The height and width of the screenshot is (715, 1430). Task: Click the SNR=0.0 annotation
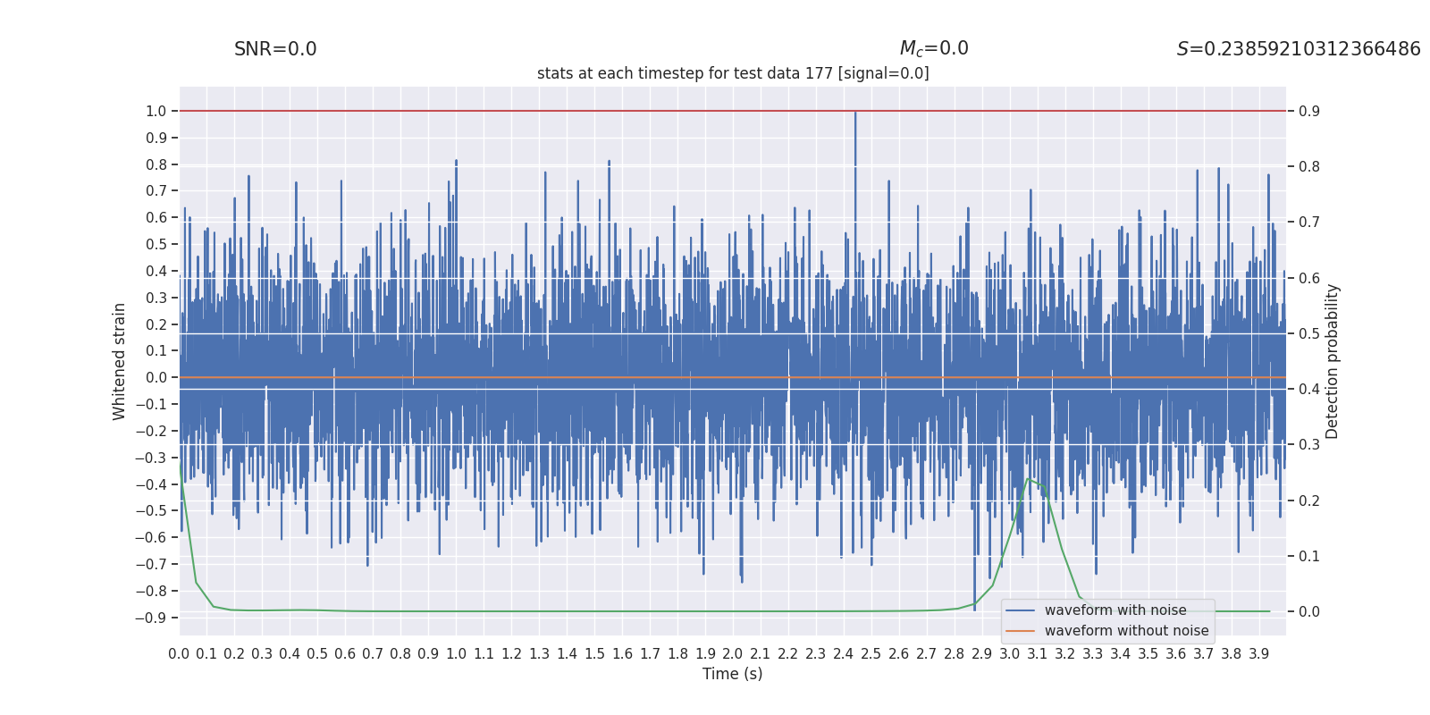(275, 50)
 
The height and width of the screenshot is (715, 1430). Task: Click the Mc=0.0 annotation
(933, 49)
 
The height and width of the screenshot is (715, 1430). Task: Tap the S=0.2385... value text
(1298, 50)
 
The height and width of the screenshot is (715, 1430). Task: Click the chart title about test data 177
(733, 73)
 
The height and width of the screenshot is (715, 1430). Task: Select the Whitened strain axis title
(120, 361)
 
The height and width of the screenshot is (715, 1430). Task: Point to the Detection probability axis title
(1333, 361)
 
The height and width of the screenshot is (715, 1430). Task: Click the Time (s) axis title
(732, 674)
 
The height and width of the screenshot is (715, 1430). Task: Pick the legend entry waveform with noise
(1115, 610)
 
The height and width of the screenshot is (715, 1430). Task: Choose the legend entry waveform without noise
(1126, 631)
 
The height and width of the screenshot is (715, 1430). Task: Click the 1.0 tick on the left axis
(156, 111)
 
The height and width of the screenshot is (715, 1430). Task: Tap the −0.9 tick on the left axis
(151, 618)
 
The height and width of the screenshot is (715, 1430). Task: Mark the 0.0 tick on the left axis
(156, 377)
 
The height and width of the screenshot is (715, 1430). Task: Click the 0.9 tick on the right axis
(1309, 111)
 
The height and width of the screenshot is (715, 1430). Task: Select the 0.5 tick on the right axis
(1309, 333)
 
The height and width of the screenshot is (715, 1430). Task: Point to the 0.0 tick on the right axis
(1309, 611)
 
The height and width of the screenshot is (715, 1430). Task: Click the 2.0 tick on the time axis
(733, 654)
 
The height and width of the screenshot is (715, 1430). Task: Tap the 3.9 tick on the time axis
(1259, 654)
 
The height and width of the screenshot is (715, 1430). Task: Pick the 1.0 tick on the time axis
(456, 654)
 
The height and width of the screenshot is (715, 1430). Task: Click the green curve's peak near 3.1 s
(1030, 479)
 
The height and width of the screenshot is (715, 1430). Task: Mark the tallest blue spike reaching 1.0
(855, 113)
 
